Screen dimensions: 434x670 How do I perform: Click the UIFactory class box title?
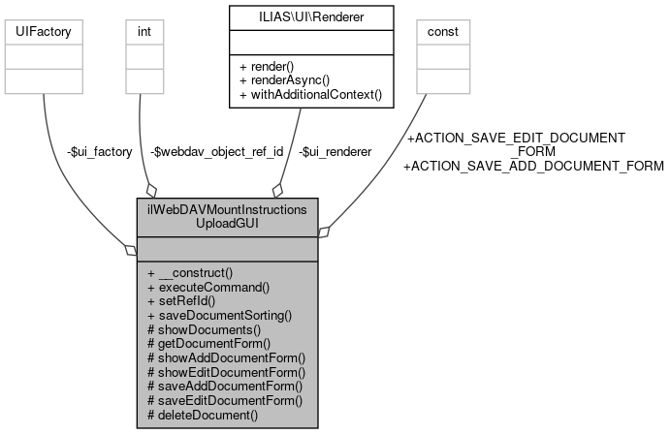pyautogui.click(x=43, y=32)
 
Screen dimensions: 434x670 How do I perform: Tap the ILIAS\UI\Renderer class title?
pyautogui.click(x=311, y=16)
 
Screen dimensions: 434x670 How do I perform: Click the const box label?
pyautogui.click(x=443, y=32)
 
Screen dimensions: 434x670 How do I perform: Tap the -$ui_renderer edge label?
pyautogui.click(x=335, y=151)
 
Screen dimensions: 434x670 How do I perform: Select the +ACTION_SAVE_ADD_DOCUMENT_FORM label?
pyautogui.click(x=533, y=166)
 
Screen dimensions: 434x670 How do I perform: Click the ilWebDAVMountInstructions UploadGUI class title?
pyautogui.click(x=227, y=216)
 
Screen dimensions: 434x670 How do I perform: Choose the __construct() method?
pyautogui.click(x=190, y=273)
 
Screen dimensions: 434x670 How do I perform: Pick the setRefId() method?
pyautogui.click(x=184, y=301)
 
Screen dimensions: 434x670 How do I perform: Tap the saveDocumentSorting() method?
pyautogui.click(x=219, y=316)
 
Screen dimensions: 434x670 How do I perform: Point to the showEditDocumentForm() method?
pyautogui.click(x=225, y=372)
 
